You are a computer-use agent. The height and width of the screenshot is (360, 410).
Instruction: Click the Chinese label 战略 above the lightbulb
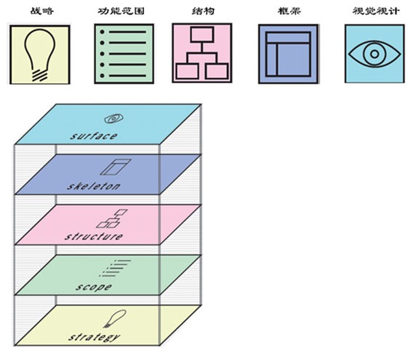coord(42,11)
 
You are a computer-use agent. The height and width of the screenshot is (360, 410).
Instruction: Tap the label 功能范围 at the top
coord(121,11)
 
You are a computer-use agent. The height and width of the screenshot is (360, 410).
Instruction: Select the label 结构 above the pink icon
coord(203,11)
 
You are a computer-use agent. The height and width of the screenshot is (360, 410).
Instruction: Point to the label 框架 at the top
coord(289,11)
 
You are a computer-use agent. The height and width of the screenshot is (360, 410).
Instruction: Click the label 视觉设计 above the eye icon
coord(376,11)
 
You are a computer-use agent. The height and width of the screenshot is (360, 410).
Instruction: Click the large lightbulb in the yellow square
coord(40,55)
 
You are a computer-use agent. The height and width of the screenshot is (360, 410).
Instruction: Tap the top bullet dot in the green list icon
coord(102,32)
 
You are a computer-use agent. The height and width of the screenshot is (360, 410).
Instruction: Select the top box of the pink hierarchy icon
coord(202,34)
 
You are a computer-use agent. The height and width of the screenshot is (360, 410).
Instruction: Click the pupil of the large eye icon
coord(375,54)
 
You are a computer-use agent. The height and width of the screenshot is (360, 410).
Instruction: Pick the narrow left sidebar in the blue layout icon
coord(271,59)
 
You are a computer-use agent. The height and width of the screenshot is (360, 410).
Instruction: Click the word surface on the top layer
coord(93,136)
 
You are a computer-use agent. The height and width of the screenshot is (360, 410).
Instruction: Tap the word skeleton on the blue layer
coord(94,186)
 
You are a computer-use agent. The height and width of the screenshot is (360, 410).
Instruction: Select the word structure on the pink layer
coord(94,236)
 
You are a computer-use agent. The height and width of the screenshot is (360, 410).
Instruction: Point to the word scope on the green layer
coord(94,287)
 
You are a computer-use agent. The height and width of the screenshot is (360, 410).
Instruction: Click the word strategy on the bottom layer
coord(94,337)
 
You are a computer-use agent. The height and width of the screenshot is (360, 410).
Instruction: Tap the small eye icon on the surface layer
coord(114,118)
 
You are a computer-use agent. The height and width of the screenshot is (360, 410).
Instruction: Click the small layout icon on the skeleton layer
coord(115,167)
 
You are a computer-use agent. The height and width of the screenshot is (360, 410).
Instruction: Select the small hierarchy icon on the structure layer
coord(112,218)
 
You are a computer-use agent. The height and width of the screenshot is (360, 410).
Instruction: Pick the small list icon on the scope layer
coord(115,268)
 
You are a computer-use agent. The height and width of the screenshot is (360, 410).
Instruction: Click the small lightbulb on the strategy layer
coord(115,319)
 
